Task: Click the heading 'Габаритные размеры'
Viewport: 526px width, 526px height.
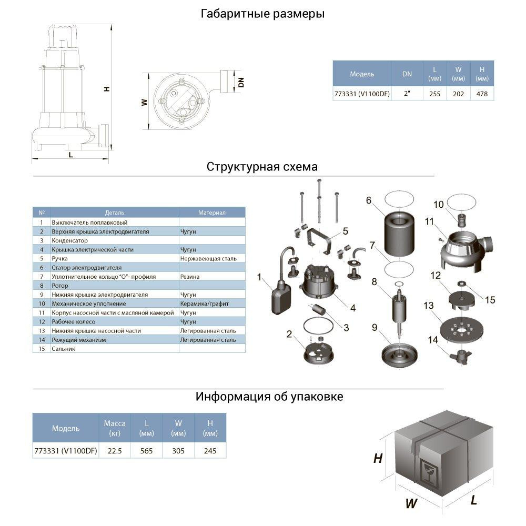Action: tap(262, 14)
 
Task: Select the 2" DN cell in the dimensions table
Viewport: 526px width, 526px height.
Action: tap(407, 95)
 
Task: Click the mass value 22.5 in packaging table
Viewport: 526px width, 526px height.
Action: tap(114, 451)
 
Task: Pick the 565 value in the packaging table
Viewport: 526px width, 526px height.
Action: tap(147, 451)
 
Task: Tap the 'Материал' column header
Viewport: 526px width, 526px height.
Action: tap(211, 213)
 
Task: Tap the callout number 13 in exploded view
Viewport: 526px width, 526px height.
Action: tap(429, 306)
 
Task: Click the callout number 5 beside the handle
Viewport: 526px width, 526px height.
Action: tap(345, 231)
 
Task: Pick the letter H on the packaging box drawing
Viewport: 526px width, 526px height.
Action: tap(377, 459)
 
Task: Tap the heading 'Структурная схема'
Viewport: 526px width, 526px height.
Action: tap(262, 167)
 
